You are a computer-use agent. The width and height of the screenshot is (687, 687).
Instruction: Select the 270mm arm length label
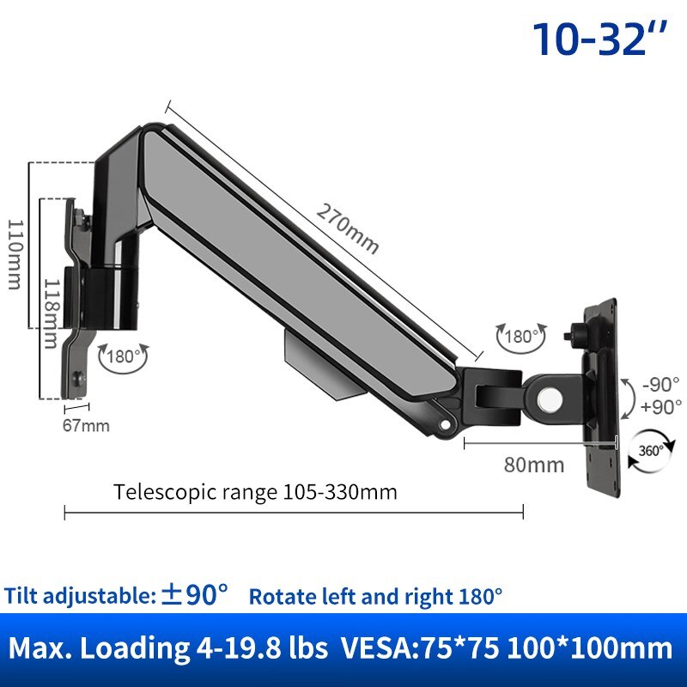coord(347,228)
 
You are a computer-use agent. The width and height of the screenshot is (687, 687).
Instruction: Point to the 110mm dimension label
coord(16,255)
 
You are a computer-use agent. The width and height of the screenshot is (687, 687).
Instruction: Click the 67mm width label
coord(86,425)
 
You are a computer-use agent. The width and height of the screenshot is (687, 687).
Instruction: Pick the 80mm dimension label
coord(534,465)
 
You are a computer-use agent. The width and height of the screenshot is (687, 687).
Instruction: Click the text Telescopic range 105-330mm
coord(255,492)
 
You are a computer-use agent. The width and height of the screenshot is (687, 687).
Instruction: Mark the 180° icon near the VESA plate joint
coord(520,337)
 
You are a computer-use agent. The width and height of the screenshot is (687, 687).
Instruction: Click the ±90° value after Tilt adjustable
coord(196,594)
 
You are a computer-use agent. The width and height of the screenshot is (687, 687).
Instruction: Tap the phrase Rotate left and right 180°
coord(376,595)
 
